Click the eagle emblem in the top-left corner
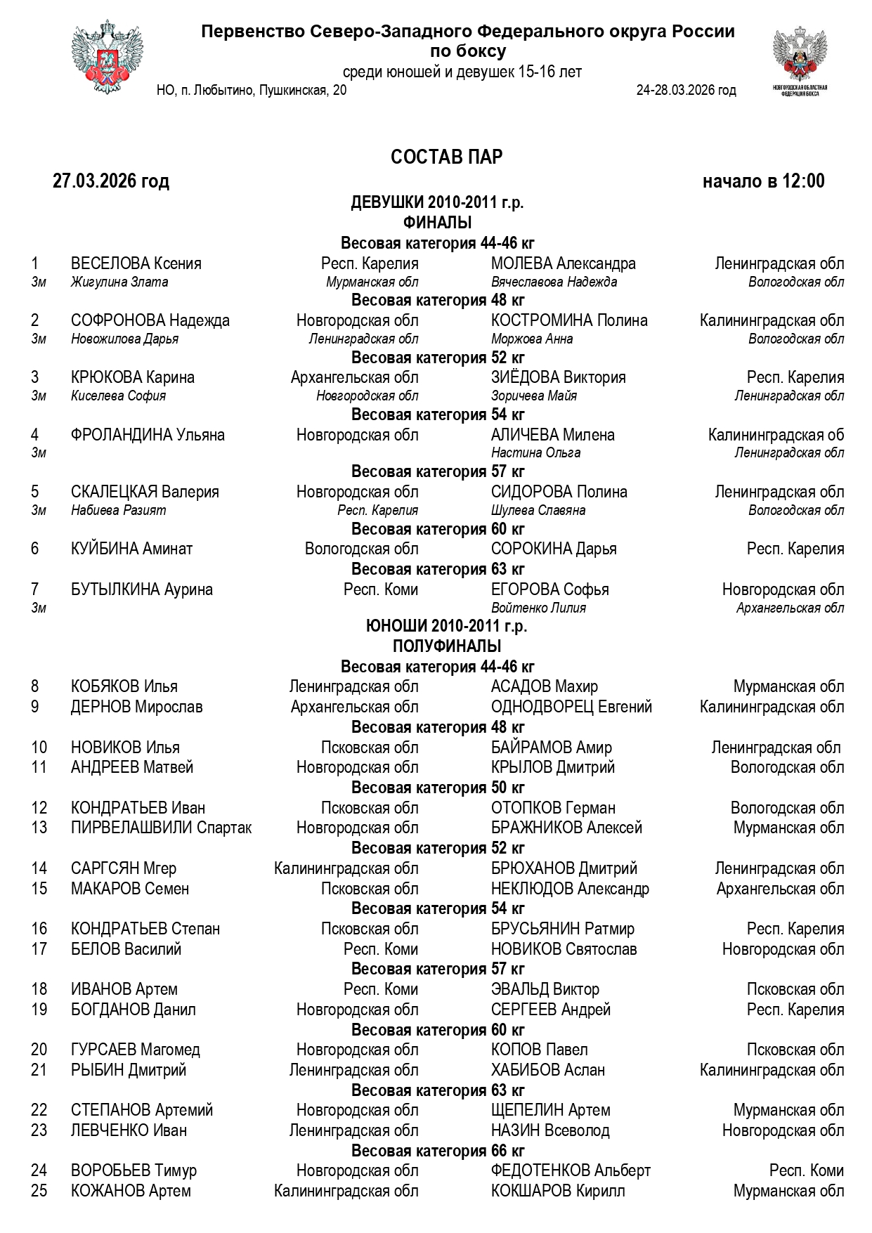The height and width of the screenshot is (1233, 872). tap(102, 60)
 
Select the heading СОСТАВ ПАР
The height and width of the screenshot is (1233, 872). tap(446, 157)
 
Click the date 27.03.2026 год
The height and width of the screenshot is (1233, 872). tap(111, 181)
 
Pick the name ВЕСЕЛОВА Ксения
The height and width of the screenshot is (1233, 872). tap(136, 264)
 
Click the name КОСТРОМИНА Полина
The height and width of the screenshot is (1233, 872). tap(569, 321)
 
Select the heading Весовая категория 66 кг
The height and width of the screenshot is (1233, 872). tap(438, 1151)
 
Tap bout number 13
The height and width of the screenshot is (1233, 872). tap(39, 828)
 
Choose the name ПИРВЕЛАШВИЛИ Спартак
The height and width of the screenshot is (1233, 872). tap(161, 828)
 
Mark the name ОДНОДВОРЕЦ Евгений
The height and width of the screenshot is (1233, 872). tap(571, 707)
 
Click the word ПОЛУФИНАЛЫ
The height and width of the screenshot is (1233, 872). tap(447, 646)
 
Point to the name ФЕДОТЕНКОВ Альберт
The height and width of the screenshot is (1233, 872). tap(571, 1171)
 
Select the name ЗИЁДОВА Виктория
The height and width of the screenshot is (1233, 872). tap(558, 378)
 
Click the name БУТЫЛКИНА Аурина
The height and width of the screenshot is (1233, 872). tap(142, 590)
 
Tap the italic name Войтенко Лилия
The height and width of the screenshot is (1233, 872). tap(538, 608)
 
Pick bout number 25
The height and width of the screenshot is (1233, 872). tap(39, 1192)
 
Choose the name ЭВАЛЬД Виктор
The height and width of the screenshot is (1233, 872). tap(545, 990)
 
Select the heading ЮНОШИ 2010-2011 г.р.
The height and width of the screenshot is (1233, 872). tap(447, 626)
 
